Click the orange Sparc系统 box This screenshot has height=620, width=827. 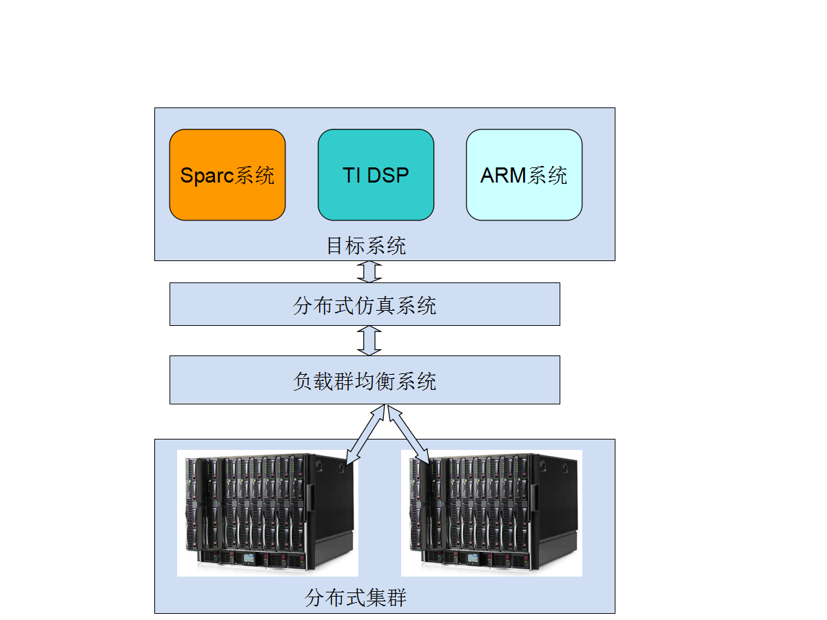click(x=227, y=175)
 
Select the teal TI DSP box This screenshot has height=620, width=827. click(x=376, y=175)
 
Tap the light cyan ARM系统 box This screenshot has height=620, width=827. click(x=524, y=175)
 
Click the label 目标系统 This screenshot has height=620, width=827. click(x=366, y=245)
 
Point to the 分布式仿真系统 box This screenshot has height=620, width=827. click(x=365, y=304)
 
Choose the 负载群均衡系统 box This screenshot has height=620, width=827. click(x=365, y=380)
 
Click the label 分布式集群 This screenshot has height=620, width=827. click(x=356, y=598)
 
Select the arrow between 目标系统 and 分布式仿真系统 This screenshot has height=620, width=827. click(x=369, y=271)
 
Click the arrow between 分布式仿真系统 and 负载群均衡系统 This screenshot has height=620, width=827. click(x=369, y=341)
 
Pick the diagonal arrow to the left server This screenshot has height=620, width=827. click(x=365, y=435)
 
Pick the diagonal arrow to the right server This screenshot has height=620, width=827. click(x=409, y=434)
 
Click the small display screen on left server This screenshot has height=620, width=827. click(x=249, y=558)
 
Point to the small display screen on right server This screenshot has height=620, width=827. click(x=473, y=558)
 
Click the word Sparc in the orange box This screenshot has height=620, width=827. click(x=207, y=176)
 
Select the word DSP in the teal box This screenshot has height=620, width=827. click(x=388, y=175)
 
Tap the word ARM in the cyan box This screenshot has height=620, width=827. click(x=503, y=175)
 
